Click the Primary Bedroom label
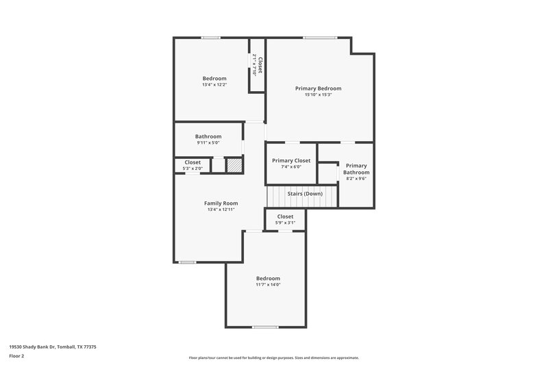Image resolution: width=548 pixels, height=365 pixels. click(318, 88)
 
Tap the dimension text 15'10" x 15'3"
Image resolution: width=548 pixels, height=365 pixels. click(318, 95)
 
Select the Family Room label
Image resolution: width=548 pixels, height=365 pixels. click(221, 203)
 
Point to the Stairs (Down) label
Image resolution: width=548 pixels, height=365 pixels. click(305, 194)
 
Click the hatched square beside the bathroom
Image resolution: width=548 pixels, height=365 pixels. click(234, 165)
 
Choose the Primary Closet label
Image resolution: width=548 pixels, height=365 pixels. click(291, 160)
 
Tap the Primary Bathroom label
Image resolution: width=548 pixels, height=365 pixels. click(356, 168)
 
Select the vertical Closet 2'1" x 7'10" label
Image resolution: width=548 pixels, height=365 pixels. click(257, 65)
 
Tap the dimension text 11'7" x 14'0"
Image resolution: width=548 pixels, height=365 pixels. click(268, 285)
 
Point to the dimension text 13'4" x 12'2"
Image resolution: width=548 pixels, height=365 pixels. click(214, 85)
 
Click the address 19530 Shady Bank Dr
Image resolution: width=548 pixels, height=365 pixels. click(53, 347)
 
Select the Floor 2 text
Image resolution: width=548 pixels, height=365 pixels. click(16, 356)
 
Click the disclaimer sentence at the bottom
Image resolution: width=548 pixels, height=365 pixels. click(273, 357)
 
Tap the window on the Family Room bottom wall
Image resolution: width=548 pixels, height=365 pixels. click(187, 262)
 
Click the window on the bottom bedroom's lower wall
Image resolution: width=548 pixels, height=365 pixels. click(265, 327)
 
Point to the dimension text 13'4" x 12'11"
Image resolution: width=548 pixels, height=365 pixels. click(221, 210)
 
